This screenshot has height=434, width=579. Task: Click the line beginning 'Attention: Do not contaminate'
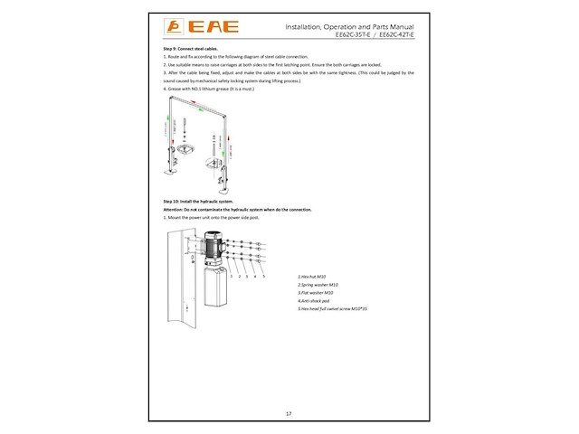click(x=231, y=210)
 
